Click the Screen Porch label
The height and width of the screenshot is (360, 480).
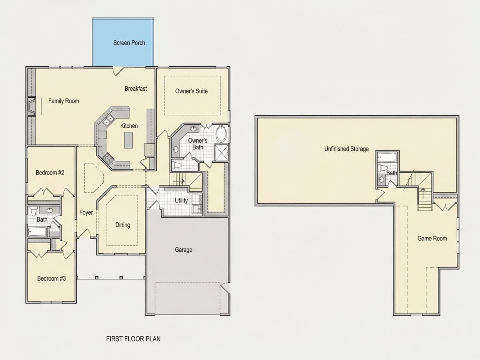click(129, 43)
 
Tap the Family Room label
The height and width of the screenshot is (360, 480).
click(64, 101)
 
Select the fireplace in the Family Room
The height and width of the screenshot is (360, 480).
click(32, 106)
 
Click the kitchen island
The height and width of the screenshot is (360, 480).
click(129, 140)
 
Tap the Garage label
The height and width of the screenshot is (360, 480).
click(184, 250)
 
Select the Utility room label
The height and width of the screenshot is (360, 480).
click(181, 201)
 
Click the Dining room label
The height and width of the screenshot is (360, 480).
click(123, 225)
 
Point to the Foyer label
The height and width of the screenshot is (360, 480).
click(86, 213)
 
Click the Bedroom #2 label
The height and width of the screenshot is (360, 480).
click(50, 173)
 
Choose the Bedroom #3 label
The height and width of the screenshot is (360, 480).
click(51, 278)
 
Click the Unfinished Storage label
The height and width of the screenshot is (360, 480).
click(346, 149)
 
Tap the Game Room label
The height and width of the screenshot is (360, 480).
click(432, 238)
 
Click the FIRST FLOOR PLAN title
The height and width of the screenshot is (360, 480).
click(134, 339)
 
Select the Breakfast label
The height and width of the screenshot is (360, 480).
click(136, 89)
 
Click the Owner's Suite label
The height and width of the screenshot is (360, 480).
click(192, 91)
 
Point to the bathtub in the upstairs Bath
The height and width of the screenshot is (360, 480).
click(387, 158)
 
